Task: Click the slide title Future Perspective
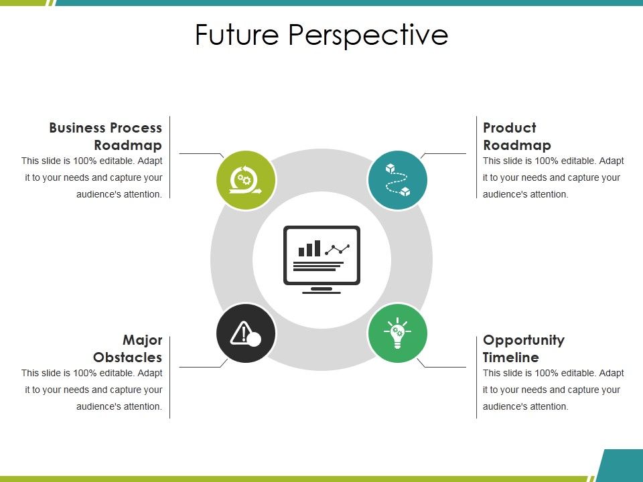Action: tap(321, 35)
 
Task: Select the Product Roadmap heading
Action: tap(516, 136)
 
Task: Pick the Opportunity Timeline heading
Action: tap(523, 348)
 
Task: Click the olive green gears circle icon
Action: tap(246, 180)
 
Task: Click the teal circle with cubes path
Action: tap(397, 180)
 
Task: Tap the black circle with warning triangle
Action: tap(246, 333)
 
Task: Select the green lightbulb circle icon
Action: tap(397, 333)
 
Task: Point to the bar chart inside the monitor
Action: tap(309, 249)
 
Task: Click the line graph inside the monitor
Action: tap(337, 250)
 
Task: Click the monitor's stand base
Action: tap(321, 291)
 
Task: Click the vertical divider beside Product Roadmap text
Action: tap(476, 157)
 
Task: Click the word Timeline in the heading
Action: tap(510, 357)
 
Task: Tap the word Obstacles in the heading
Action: tap(128, 357)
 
